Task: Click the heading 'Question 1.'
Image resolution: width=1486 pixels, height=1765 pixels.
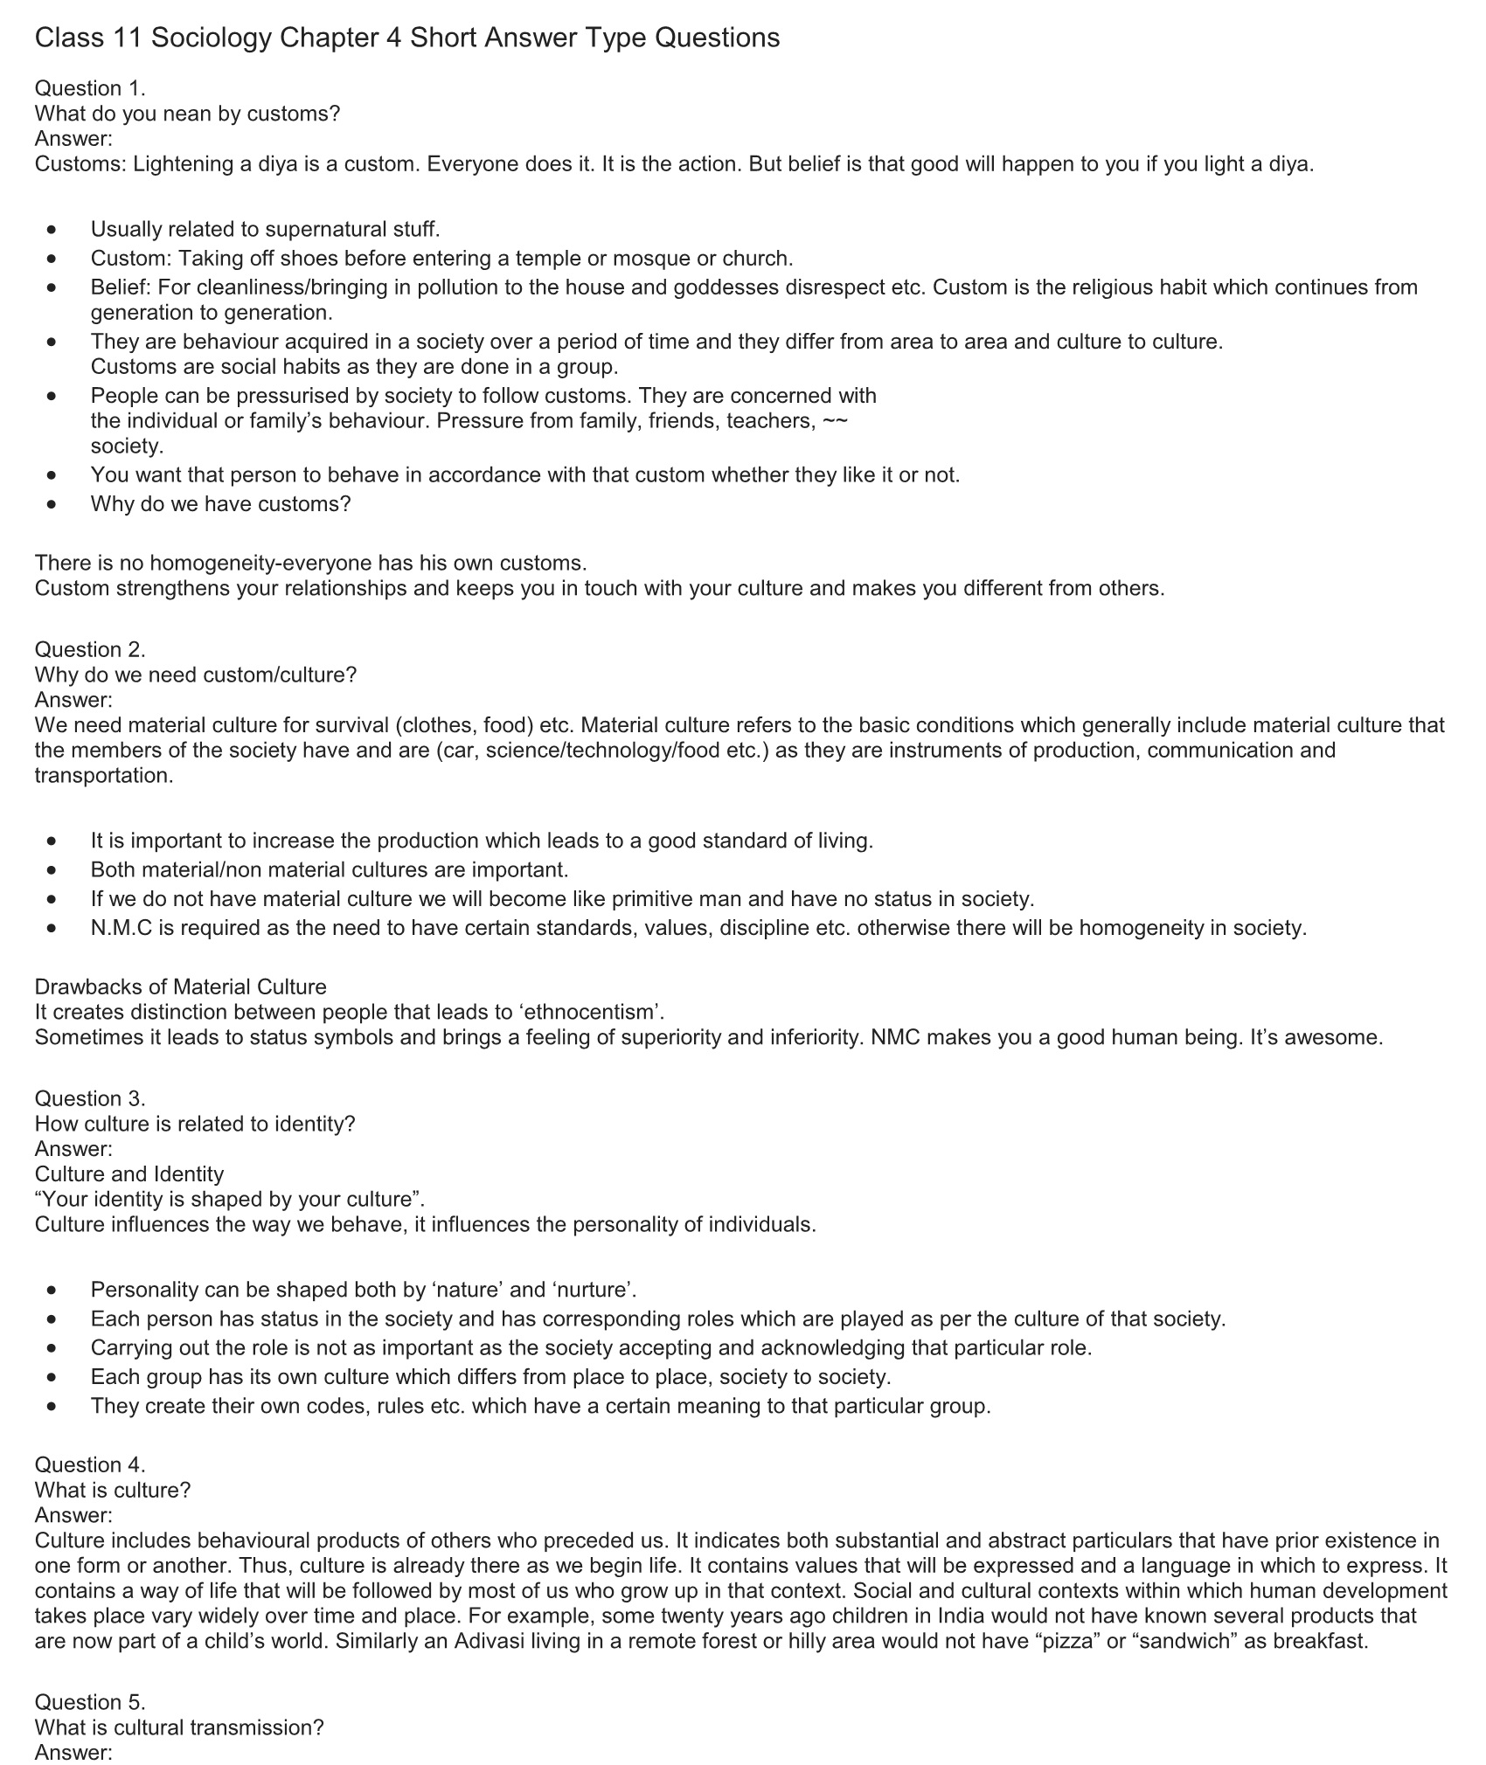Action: click(x=90, y=88)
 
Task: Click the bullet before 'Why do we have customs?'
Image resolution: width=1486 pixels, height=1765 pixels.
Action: click(x=54, y=504)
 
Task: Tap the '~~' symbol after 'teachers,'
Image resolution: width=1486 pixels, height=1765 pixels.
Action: click(x=836, y=420)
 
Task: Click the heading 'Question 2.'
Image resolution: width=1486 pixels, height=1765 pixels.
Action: click(x=90, y=649)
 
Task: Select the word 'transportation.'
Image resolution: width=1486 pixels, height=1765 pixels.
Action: click(x=104, y=776)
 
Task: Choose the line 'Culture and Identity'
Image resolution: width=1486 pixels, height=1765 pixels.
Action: click(x=129, y=1173)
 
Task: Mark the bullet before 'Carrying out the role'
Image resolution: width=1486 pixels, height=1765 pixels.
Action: click(x=54, y=1347)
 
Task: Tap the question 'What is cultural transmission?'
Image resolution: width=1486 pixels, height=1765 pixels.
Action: click(x=179, y=1727)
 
